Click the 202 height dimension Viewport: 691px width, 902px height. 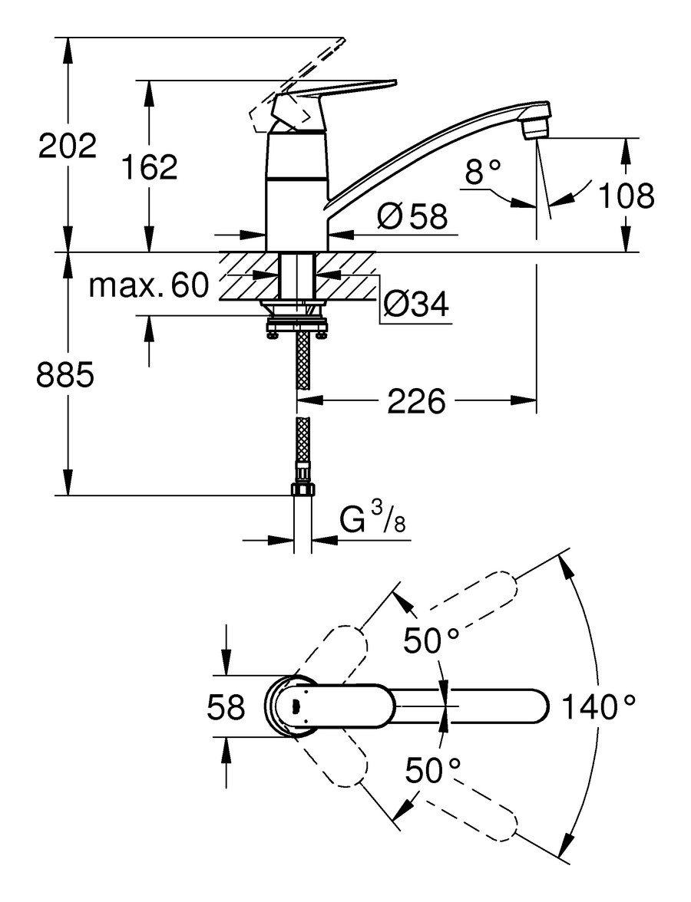tap(68, 146)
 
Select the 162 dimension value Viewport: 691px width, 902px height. tap(150, 167)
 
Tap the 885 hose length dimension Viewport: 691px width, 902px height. tap(66, 375)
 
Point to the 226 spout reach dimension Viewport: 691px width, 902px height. tap(416, 400)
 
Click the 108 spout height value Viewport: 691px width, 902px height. tap(626, 196)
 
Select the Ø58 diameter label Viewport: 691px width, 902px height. tap(412, 218)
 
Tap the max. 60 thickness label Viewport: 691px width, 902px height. tap(148, 286)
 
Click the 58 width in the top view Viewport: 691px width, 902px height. tap(226, 707)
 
